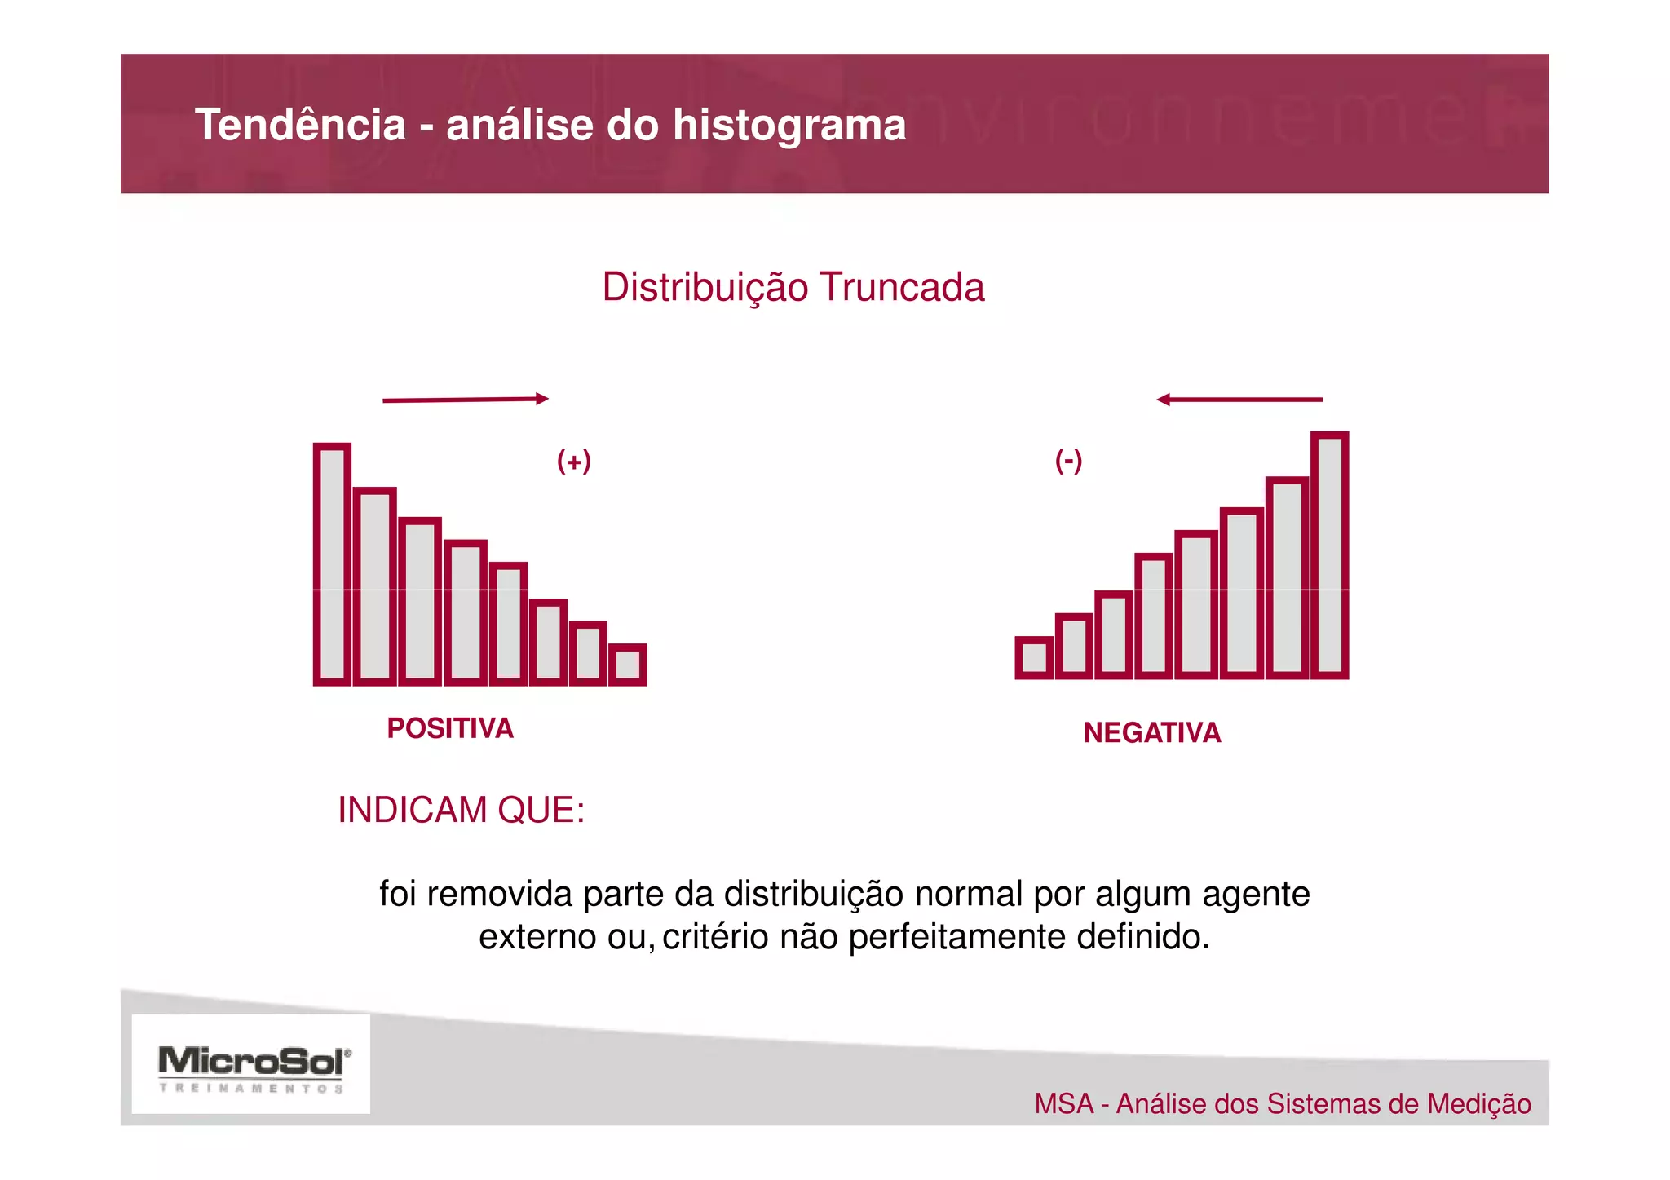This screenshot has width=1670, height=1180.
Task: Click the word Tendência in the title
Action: coord(300,126)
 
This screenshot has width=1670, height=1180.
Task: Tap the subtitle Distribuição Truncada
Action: coord(793,287)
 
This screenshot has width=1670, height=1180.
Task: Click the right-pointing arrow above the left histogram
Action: coord(465,400)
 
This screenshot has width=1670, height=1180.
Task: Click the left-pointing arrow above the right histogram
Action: coord(1239,400)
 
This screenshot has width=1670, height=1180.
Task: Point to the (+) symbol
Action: coord(573,461)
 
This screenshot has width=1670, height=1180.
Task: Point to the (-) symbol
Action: coord(1068,461)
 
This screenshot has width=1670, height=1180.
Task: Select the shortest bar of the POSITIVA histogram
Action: coord(627,664)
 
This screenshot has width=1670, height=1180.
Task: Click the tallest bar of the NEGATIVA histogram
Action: coord(1329,555)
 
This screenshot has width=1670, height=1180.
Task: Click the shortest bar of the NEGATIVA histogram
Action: coord(1034,657)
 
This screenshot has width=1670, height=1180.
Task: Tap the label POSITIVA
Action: coord(450,728)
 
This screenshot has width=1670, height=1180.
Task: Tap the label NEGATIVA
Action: coord(1151,732)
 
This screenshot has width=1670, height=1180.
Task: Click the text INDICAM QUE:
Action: coord(461,810)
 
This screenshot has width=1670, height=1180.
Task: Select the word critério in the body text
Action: coord(714,937)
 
